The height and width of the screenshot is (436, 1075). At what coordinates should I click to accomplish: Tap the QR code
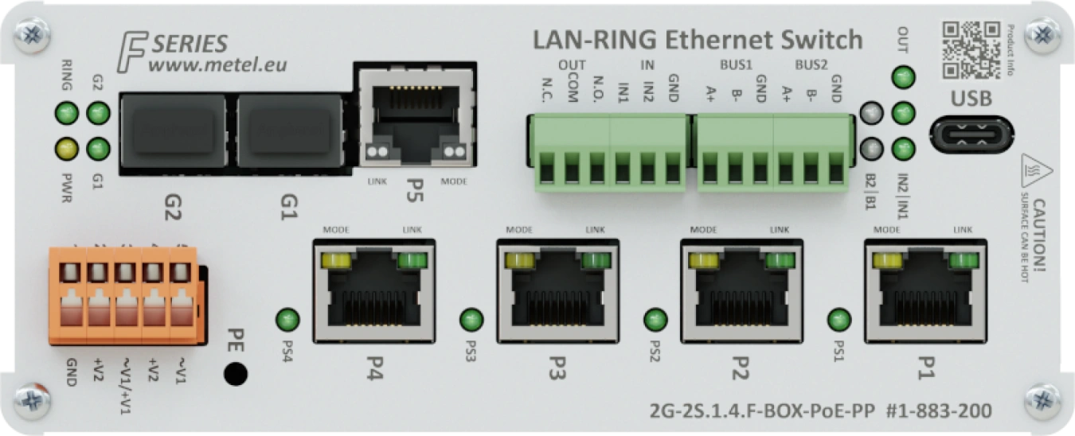tap(971, 49)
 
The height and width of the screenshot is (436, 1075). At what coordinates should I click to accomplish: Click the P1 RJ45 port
tap(924, 291)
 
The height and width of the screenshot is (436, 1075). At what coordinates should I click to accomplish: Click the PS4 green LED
tap(287, 320)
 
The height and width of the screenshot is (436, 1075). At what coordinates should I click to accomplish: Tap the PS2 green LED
tap(655, 320)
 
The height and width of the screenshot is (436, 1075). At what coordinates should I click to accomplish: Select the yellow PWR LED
tap(67, 148)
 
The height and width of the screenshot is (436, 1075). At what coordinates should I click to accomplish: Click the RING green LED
tap(67, 114)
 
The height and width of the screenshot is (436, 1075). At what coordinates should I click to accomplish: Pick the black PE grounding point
tap(234, 373)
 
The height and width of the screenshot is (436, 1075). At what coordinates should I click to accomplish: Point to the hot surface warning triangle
tap(1037, 170)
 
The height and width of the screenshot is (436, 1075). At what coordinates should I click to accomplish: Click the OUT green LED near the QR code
tap(903, 78)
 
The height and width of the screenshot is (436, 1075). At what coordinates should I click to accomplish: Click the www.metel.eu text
tap(217, 64)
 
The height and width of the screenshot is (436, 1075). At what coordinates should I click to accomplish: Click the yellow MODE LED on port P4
tap(336, 260)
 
